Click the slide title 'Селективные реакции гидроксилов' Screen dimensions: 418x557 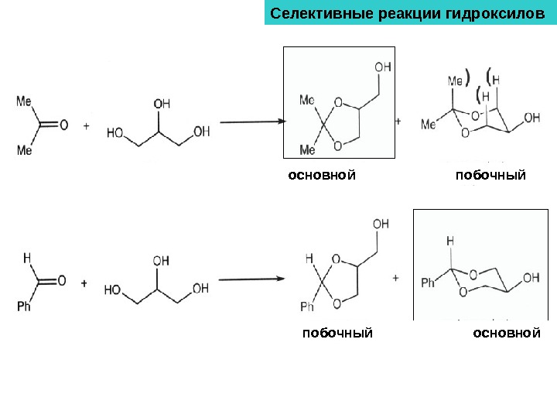coord(405,14)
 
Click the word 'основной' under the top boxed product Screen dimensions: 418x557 coord(322,176)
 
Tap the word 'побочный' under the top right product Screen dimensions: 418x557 coord(490,176)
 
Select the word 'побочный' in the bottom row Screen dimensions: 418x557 coord(337,333)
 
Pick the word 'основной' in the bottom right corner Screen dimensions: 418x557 coord(506,333)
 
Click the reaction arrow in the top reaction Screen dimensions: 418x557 coord(252,122)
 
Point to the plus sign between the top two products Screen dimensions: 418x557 coord(400,122)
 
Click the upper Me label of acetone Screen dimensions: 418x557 coord(24,101)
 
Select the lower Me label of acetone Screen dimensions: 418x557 coord(24,151)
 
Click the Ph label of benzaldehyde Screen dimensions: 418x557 coord(24,307)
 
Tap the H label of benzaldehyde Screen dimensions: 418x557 coord(27,257)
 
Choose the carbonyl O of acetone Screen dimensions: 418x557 coord(63,124)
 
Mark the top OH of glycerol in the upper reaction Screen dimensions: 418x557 coord(162,102)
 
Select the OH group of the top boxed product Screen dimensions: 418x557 coord(382,68)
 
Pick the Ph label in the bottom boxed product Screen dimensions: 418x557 coord(429,283)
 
